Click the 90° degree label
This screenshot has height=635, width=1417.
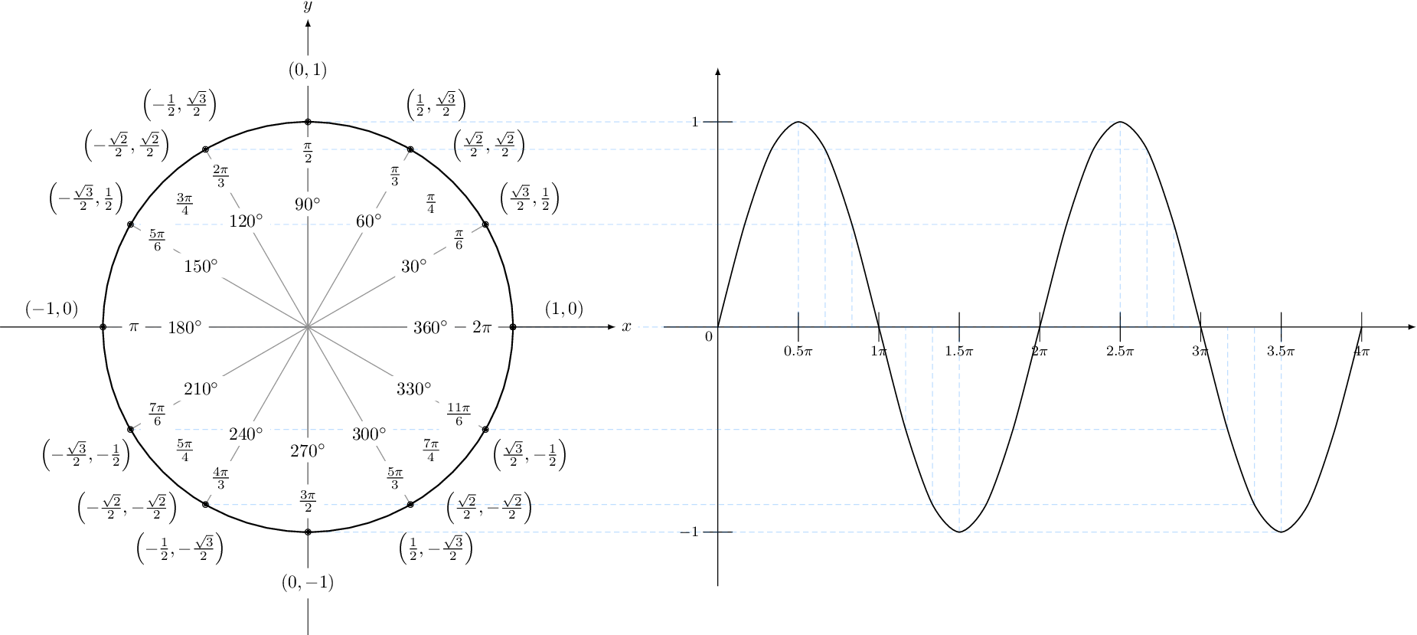(308, 205)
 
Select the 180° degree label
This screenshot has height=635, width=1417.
(184, 327)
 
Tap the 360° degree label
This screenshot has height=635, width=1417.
(430, 327)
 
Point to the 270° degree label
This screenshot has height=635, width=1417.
(308, 450)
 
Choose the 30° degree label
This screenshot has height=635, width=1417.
(414, 266)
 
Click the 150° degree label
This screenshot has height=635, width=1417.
(201, 266)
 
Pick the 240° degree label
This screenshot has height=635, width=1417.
(246, 434)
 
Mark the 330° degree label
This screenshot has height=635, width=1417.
(414, 388)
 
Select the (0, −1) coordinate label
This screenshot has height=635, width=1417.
(308, 583)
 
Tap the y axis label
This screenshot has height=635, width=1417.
(308, 8)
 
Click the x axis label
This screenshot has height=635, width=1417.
(627, 327)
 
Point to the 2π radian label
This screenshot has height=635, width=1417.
(482, 327)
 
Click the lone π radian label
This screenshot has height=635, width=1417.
(133, 327)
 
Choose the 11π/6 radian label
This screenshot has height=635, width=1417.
(459, 414)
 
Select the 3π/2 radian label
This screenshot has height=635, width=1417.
(308, 501)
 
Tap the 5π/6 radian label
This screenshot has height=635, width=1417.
(157, 240)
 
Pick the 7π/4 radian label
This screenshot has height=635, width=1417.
(431, 450)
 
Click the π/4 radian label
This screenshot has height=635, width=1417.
(431, 204)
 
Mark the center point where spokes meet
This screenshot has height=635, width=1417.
(308, 327)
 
